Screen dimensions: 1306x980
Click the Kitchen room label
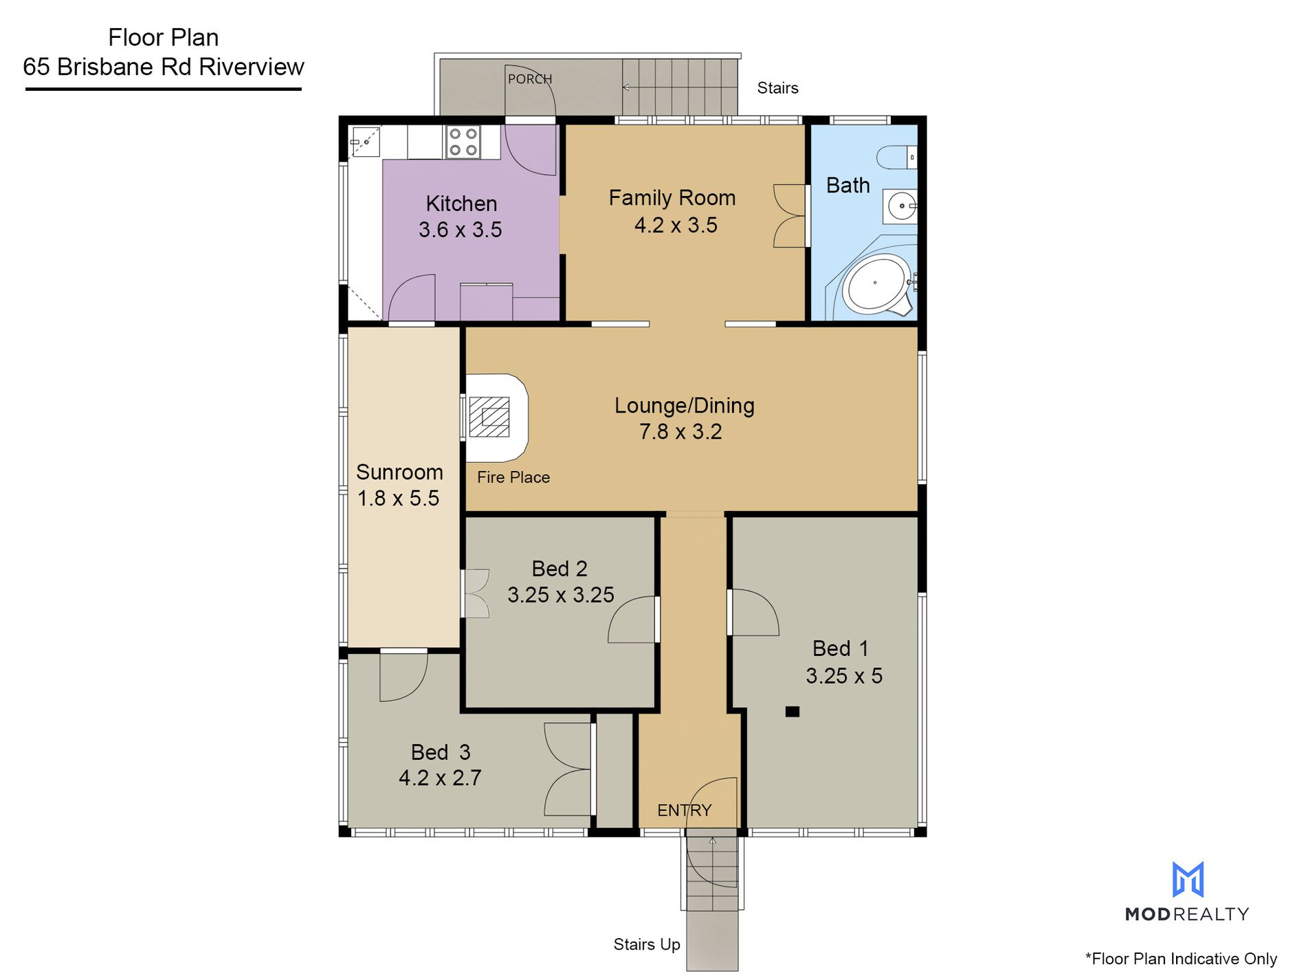461,204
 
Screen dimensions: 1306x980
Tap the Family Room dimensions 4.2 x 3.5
676,225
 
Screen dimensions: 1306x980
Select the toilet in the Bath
897,157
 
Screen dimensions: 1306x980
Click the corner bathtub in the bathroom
874,283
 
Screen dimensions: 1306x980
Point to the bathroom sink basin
900,206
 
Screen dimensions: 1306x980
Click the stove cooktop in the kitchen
463,142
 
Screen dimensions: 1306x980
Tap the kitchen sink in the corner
366,142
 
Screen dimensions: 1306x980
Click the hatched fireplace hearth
489,417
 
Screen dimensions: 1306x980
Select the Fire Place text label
513,477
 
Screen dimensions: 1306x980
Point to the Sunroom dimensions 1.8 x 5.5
398,498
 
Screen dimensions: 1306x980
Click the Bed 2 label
560,569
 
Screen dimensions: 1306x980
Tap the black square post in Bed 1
793,712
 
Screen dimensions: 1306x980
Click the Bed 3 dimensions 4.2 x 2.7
440,778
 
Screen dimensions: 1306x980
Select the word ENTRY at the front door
684,810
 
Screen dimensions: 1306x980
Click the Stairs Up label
647,945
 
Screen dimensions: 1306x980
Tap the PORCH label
530,79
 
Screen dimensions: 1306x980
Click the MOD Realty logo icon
1188,880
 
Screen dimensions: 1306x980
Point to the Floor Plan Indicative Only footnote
1181,959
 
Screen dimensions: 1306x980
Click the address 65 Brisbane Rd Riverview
164,67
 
